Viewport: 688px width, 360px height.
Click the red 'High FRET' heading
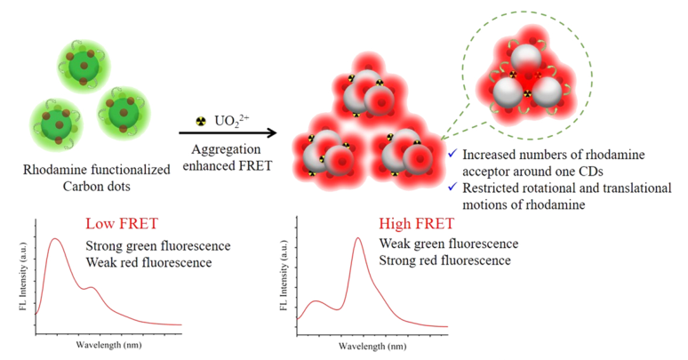coord(414,225)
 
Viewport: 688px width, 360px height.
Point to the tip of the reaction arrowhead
coord(275,135)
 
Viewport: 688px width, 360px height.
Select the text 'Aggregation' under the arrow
coord(224,150)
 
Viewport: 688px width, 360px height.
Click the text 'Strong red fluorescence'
coord(444,260)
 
